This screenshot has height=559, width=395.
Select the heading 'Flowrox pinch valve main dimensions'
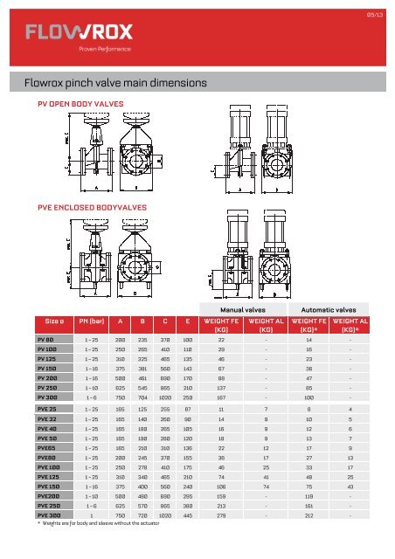tap(116, 84)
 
